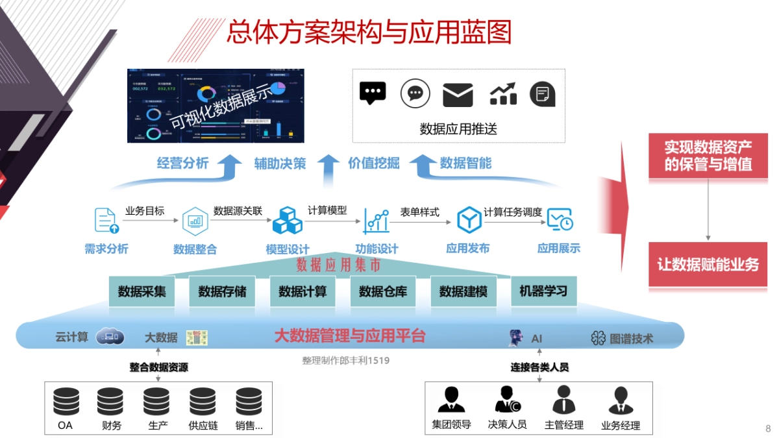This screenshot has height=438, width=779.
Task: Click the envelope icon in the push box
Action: (x=458, y=95)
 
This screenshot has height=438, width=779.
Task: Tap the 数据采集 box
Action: (x=142, y=291)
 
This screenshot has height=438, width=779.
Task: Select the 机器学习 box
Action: (x=543, y=291)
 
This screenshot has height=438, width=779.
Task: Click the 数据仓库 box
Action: (x=383, y=291)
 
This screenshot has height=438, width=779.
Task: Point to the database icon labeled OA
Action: (x=66, y=402)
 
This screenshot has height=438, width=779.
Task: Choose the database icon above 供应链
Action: (x=203, y=402)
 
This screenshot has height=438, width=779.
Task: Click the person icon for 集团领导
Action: (x=451, y=400)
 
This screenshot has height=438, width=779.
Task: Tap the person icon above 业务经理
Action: (x=621, y=400)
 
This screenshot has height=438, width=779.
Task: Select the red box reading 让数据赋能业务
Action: (x=708, y=265)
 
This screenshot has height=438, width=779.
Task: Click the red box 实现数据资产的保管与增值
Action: (x=708, y=156)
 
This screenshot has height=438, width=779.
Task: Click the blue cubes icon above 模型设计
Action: (x=287, y=220)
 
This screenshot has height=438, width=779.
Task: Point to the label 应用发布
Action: (x=467, y=248)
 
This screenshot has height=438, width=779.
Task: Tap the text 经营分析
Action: (x=182, y=163)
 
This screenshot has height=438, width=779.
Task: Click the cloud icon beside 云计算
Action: (x=110, y=336)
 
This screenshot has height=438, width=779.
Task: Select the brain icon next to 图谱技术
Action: (x=598, y=338)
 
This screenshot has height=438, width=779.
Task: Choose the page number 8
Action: (x=768, y=428)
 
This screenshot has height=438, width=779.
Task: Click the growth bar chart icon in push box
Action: (x=502, y=95)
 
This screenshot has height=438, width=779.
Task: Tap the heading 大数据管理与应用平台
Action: (x=349, y=335)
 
